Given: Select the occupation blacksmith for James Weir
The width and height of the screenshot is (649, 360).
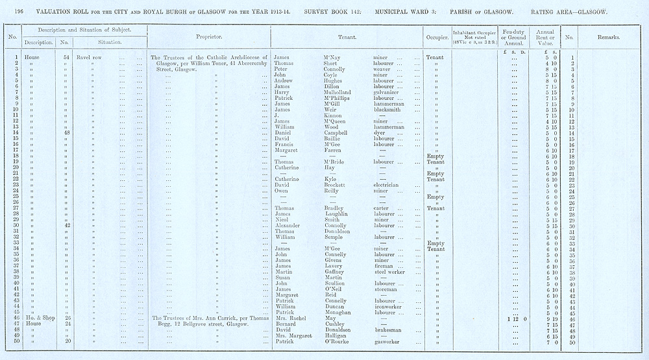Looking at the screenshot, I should pyautogui.click(x=389, y=110).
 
